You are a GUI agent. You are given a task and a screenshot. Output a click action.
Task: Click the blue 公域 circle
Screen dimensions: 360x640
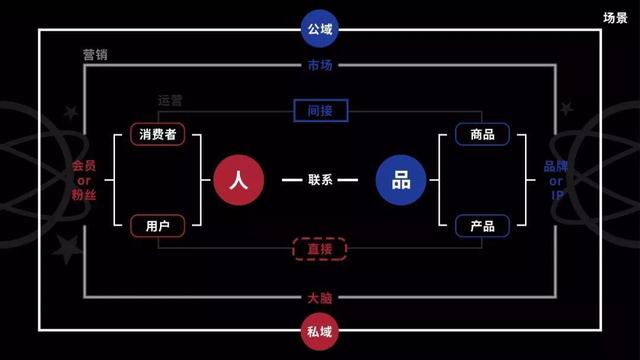pos(320,29)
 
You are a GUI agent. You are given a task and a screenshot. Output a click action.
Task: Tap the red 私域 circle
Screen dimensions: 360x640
pos(320,330)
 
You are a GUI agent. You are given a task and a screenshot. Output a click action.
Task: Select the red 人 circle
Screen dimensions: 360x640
pos(238,180)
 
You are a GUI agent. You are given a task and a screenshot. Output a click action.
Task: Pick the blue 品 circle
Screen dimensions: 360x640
pos(401,180)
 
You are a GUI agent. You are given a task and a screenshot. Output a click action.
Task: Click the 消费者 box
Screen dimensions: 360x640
pos(158,134)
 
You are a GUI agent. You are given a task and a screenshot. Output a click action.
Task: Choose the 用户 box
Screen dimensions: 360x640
pos(158,226)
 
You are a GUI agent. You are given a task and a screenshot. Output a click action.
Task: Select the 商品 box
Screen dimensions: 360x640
pos(482,134)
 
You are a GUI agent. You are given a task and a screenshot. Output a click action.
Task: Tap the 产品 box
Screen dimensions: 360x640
pos(482,226)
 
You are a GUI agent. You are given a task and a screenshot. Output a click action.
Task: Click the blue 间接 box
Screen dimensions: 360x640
pos(320,111)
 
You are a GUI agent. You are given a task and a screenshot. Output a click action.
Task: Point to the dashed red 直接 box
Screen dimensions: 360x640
pos(320,249)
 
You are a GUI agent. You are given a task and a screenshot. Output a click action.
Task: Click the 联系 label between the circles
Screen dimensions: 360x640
pos(320,181)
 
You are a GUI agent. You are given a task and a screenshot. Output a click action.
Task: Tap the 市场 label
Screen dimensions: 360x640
pos(320,66)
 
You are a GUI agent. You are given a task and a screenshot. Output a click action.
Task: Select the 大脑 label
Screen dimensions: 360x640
pos(320,297)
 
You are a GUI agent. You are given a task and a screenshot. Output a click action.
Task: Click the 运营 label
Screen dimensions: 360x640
pos(171,101)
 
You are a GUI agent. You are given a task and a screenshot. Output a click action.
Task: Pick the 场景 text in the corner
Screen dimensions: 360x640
pos(616,18)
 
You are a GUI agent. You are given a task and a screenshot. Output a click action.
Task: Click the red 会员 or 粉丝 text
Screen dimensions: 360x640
pos(83,180)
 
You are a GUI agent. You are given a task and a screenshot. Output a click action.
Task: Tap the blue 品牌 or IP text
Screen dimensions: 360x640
pos(556,180)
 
